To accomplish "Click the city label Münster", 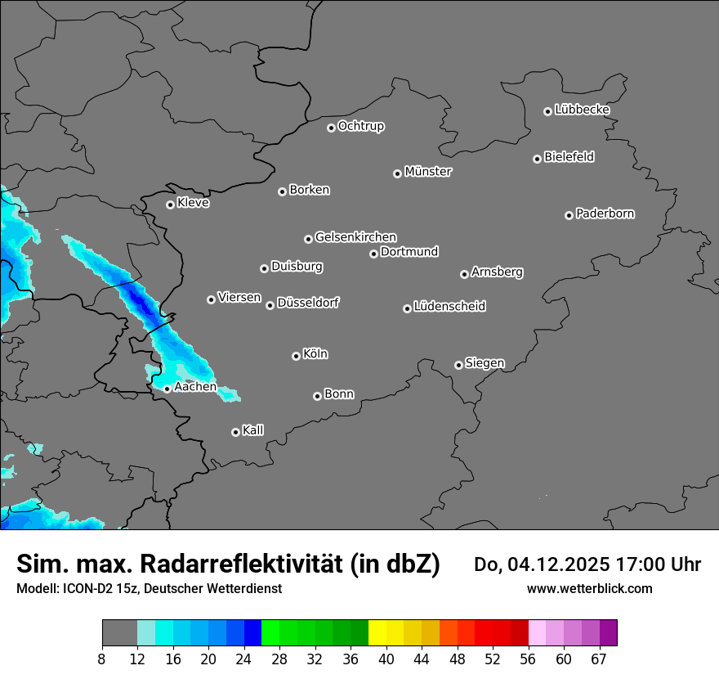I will click(428, 172).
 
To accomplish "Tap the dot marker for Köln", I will click(296, 356).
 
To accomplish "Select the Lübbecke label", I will click(582, 110).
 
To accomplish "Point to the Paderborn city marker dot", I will click(569, 215).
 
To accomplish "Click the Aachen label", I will click(195, 387).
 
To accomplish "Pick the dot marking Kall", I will click(235, 432).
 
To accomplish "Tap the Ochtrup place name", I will click(361, 126).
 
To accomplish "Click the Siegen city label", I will click(485, 363).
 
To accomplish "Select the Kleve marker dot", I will click(170, 205).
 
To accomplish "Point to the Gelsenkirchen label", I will click(355, 237).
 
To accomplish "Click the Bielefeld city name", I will click(569, 157).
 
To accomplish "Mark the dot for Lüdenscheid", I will click(407, 308).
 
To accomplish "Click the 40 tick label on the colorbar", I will click(386, 659).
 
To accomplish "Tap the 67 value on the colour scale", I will click(599, 659).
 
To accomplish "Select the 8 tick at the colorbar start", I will click(102, 659).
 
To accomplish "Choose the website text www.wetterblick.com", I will click(589, 588).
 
